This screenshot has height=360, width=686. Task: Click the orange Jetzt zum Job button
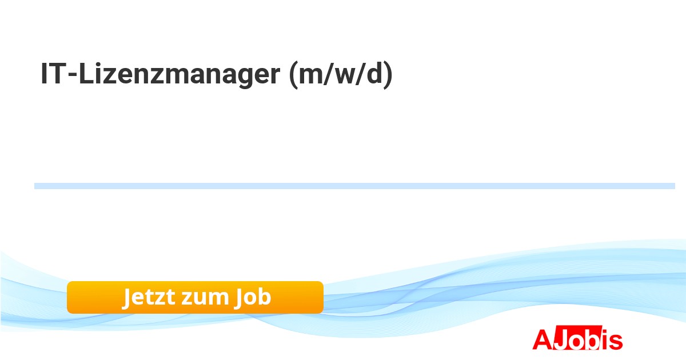click(195, 297)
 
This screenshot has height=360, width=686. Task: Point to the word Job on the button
click(253, 298)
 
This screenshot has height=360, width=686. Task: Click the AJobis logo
click(577, 338)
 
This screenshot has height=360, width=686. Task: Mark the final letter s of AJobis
click(616, 342)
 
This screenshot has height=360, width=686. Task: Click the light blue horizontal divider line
click(354, 186)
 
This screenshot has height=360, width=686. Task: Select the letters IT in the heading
click(53, 74)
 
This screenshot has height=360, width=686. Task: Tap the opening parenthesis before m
click(293, 75)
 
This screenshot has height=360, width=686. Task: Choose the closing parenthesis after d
click(388, 75)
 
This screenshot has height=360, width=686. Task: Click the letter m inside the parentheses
click(311, 76)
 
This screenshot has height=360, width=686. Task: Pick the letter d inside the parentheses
click(374, 73)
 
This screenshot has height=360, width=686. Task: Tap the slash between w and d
click(361, 74)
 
